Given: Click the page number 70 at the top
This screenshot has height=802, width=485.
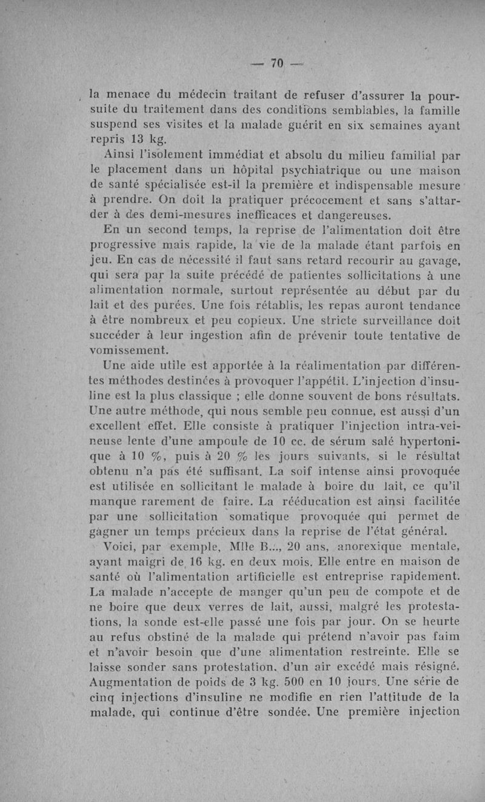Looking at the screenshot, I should (x=278, y=62).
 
